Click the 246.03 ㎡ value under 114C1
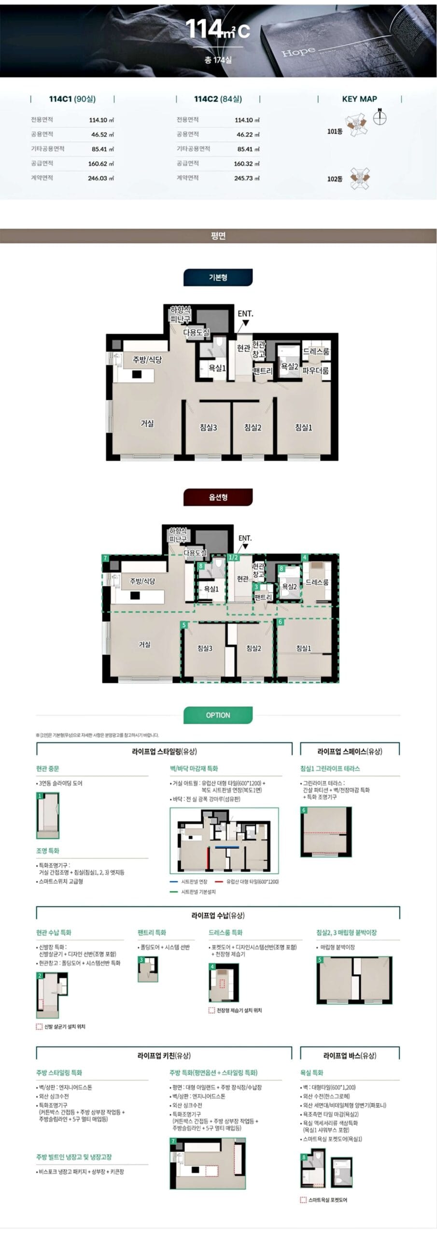100,178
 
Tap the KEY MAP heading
359,99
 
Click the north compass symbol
380,117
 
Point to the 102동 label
335,179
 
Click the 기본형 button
218,278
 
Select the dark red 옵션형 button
218,497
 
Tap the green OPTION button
218,715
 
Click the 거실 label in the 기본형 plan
147,423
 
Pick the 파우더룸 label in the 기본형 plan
315,371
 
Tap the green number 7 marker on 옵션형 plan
105,558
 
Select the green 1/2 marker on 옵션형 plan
233,557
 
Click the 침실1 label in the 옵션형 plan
303,648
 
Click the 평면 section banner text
218,236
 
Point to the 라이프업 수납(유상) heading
218,915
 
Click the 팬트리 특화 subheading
152,932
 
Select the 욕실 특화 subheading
312,1072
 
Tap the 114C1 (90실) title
72,99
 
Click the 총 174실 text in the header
218,60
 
